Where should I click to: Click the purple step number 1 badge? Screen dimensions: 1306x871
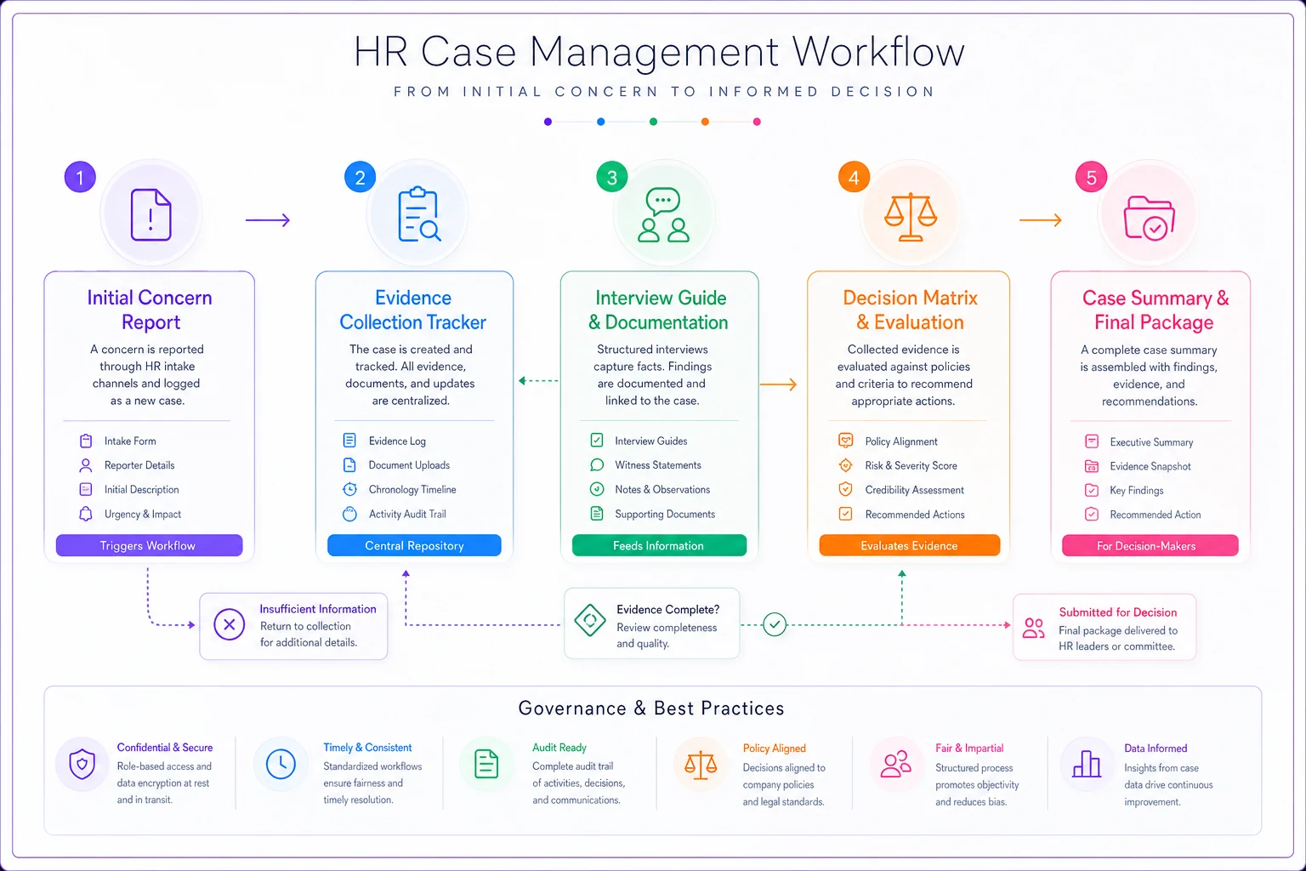pos(80,177)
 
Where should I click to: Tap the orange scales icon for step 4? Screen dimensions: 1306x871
pos(910,216)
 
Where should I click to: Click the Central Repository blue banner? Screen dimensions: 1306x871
pos(414,545)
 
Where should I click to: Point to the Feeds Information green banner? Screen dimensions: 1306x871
pos(659,545)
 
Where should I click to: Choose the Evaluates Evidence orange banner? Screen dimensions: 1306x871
pos(910,545)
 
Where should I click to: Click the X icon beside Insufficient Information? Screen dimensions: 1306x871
pos(229,625)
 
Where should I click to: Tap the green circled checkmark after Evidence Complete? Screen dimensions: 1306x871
pos(775,624)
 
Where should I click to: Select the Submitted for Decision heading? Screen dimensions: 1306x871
pos(1118,612)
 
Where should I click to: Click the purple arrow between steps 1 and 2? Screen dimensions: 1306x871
pos(268,220)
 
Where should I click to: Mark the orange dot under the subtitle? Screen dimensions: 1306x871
pos(705,122)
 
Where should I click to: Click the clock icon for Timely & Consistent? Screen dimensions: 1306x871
pos(281,764)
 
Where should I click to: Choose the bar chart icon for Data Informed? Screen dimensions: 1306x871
pos(1086,764)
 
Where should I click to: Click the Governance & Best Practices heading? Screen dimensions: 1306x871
pos(651,708)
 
